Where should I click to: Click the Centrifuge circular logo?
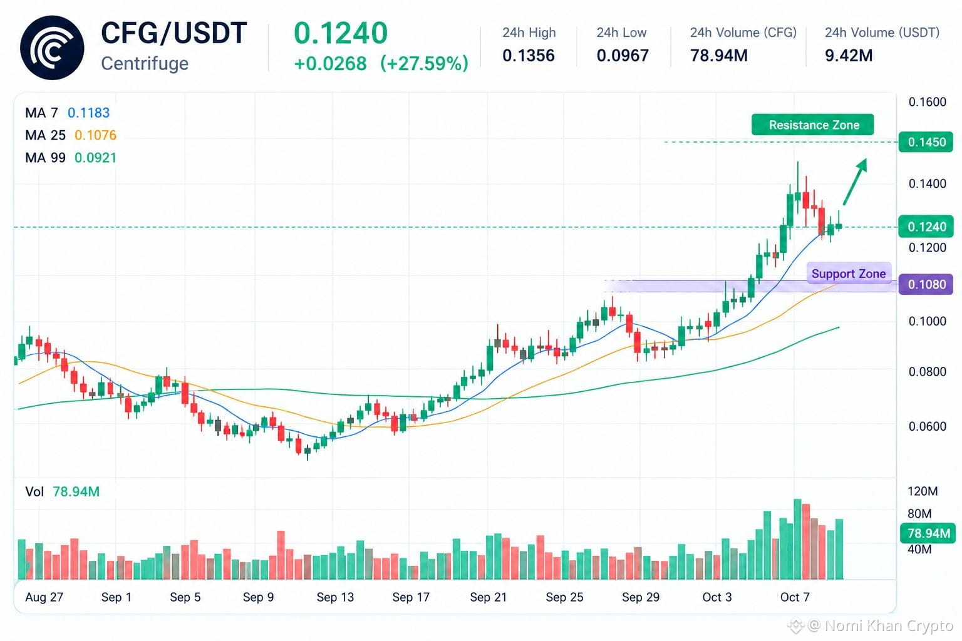(52, 48)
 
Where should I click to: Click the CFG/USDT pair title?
(174, 33)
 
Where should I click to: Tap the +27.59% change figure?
(424, 64)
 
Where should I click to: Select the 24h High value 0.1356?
(528, 55)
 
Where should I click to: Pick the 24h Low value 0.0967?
(623, 55)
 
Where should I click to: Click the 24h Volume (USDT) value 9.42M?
(849, 55)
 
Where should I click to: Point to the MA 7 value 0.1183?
(88, 113)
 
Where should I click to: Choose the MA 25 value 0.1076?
(95, 135)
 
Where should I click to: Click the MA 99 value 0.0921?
(95, 158)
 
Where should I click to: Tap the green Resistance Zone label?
(812, 125)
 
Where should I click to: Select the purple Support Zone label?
(849, 274)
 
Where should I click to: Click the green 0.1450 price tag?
(926, 142)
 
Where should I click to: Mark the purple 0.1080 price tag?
(926, 284)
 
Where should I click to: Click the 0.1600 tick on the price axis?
(927, 102)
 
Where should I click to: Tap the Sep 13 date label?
(335, 597)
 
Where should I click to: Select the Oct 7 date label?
(795, 597)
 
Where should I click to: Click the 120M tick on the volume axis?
(923, 491)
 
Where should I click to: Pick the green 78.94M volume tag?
(928, 533)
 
